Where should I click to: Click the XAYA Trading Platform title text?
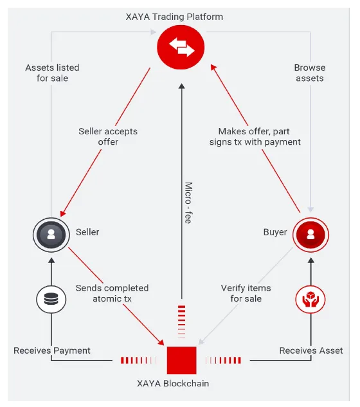pos(174,17)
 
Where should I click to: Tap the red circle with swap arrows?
pos(181,47)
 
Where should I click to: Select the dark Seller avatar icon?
pos(51,235)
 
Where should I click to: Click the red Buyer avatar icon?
pos(310,235)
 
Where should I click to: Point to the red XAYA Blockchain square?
pos(181,360)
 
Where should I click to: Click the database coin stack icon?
pos(51,299)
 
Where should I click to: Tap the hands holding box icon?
pos(310,299)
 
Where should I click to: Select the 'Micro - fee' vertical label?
pos(188,203)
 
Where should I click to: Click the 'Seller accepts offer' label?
pos(108,136)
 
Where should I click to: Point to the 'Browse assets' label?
pos(310,73)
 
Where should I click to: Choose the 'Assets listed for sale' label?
pos(52,73)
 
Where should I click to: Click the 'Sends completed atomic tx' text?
pos(112,293)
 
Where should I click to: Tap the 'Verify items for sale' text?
pos(246,293)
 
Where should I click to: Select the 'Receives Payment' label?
pos(52,350)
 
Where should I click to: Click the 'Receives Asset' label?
pos(311,350)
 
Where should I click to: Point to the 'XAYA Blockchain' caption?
pos(173,384)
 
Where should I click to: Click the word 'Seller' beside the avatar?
pos(87,232)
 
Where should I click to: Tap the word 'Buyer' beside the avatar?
pos(275,232)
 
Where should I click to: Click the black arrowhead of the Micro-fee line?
pos(182,86)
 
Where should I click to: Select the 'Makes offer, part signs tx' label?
pos(255,136)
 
